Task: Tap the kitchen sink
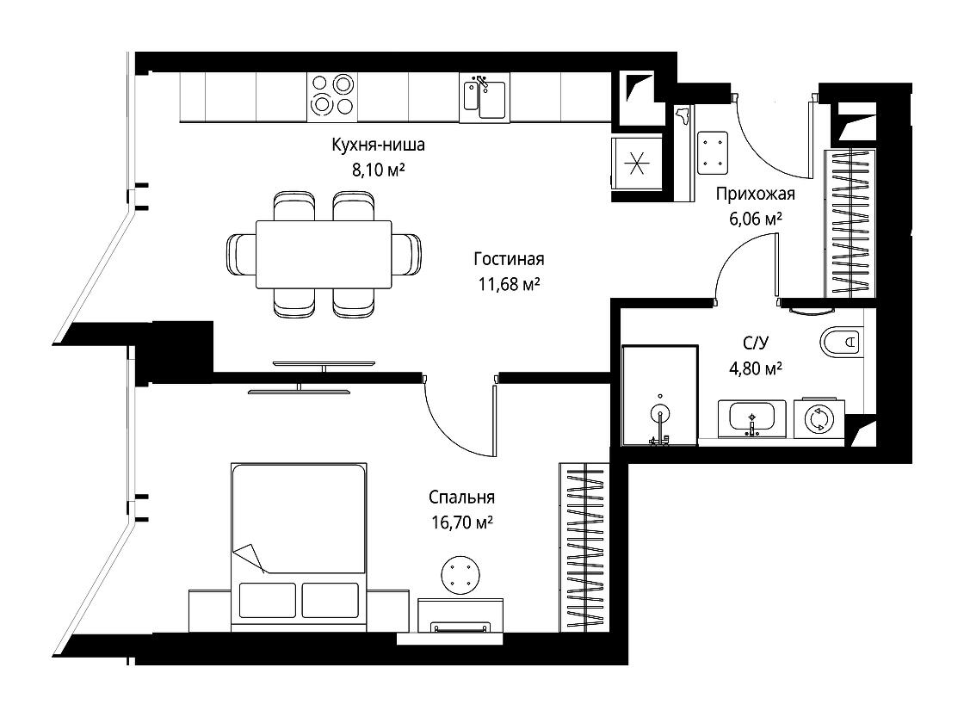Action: coord(485,97)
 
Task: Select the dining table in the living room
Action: coord(324,254)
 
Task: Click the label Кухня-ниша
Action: coord(378,145)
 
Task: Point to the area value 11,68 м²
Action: coord(509,284)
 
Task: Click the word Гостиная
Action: coord(509,259)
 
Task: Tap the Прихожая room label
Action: coord(755,194)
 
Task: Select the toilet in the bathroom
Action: coord(840,341)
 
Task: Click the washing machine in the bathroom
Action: coord(819,419)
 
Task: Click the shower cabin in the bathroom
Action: coord(659,395)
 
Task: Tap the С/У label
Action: coord(756,343)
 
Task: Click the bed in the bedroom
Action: coord(299,547)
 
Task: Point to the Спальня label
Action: coord(461,497)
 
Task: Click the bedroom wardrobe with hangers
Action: coord(584,547)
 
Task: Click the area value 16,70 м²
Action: coord(462,522)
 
